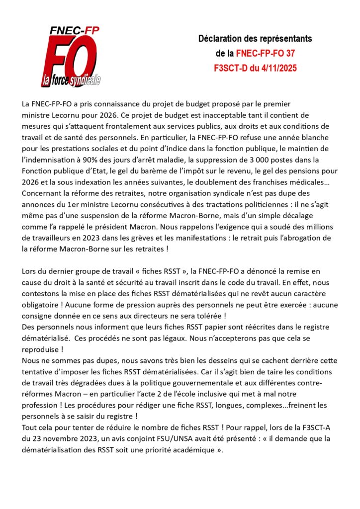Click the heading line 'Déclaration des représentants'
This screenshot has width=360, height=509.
pyautogui.click(x=255, y=38)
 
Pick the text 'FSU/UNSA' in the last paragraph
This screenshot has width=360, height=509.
pyautogui.click(x=149, y=439)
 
